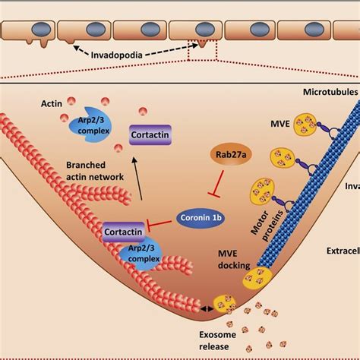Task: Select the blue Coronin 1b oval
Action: pos(202,216)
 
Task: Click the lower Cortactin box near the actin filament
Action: pos(125,229)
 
